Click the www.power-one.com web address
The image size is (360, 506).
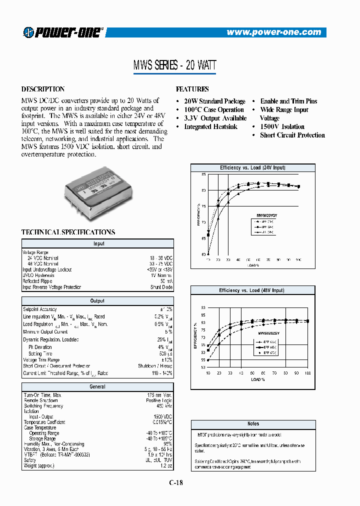pyautogui.click(x=273, y=32)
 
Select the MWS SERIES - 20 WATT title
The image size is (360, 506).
pyautogui.click(x=174, y=65)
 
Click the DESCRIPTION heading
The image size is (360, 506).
pyautogui.click(x=43, y=89)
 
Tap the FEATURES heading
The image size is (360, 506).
pyautogui.click(x=192, y=89)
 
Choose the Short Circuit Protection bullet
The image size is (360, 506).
pyautogui.click(x=292, y=135)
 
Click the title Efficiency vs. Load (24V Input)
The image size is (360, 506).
pyautogui.click(x=252, y=167)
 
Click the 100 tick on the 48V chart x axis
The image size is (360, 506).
pyautogui.click(x=307, y=373)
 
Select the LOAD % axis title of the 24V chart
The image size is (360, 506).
pyautogui.click(x=253, y=265)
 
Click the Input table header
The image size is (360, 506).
pyautogui.click(x=98, y=243)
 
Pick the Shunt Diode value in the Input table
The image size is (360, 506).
pyautogui.click(x=161, y=287)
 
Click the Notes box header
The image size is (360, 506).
pyautogui.click(x=253, y=424)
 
